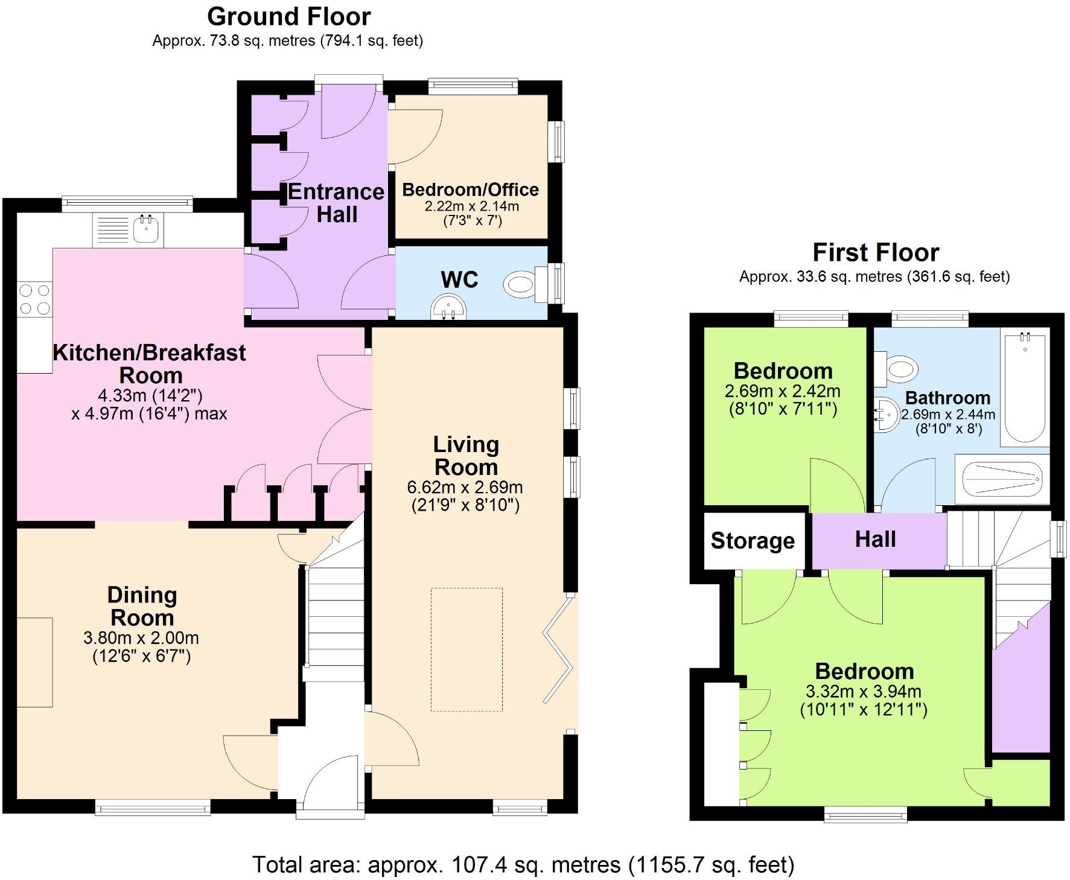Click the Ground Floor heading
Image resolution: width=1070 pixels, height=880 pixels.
pos(288,17)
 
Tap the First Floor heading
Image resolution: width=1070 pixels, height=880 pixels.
pos(875,252)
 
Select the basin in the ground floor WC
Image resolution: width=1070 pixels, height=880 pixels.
pos(448,307)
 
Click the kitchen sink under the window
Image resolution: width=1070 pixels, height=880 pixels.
pos(145,230)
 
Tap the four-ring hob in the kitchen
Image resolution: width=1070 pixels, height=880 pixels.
pos(34,299)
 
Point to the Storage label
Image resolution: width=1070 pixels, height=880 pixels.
pos(752,541)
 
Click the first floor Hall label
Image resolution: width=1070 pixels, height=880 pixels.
pos(875,539)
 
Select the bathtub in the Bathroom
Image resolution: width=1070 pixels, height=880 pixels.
pos(1025,387)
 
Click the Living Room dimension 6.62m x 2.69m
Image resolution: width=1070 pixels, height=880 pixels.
pos(465,487)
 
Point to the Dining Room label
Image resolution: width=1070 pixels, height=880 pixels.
pos(142,606)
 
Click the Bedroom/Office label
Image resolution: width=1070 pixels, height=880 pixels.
pos(470,190)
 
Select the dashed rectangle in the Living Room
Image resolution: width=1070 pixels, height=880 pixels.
pos(467,649)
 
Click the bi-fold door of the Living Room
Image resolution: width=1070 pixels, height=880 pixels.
pos(558,649)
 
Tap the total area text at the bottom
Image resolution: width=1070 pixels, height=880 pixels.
pos(523,864)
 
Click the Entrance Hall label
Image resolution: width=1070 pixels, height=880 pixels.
pos(336,203)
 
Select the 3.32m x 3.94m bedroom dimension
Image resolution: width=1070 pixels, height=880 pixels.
pos(863,691)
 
